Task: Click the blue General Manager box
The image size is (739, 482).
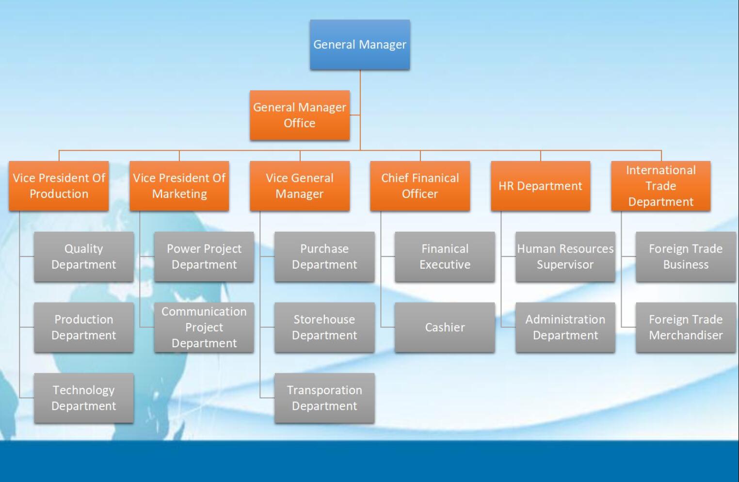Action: (x=360, y=45)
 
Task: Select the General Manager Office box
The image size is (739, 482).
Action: (x=300, y=115)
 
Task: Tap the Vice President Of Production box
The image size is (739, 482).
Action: (x=59, y=186)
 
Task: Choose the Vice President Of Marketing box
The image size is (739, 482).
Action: (x=179, y=186)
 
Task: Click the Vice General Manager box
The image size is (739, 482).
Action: (x=300, y=186)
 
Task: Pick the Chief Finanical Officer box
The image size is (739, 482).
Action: (x=420, y=186)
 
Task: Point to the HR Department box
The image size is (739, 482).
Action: (x=540, y=186)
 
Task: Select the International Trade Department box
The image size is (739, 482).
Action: (x=660, y=186)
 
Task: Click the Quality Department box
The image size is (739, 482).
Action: (x=83, y=257)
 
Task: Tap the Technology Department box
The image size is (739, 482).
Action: (x=83, y=398)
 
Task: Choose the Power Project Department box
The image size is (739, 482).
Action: (x=204, y=257)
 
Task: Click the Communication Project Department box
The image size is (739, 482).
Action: (x=204, y=327)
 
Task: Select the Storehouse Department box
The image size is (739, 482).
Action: (x=324, y=327)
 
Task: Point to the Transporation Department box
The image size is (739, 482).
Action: (x=324, y=398)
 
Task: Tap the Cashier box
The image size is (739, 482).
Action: (x=445, y=327)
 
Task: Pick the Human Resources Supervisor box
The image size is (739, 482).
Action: (x=565, y=257)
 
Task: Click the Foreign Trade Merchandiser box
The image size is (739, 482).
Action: (x=686, y=327)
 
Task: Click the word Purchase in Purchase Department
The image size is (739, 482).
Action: (x=324, y=249)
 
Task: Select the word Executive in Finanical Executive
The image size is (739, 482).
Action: (x=445, y=265)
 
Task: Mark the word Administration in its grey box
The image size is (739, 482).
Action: (x=565, y=320)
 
